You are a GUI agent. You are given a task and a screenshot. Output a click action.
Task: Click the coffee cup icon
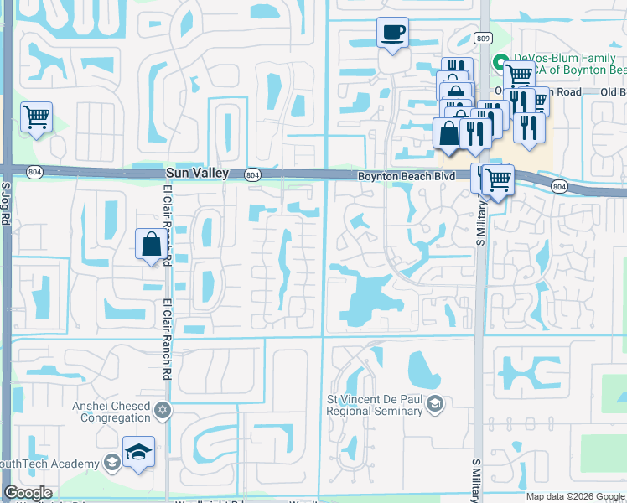point(392,33)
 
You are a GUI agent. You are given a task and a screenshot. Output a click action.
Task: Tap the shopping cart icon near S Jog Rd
point(36,117)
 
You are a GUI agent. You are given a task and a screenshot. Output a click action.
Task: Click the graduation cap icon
point(138,453)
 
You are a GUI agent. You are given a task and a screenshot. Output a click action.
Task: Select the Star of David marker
point(163,411)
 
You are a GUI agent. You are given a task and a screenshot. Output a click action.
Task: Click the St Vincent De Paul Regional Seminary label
point(374,406)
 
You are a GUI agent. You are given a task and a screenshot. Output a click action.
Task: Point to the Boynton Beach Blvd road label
point(406,176)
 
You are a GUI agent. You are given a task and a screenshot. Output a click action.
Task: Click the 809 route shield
point(483,38)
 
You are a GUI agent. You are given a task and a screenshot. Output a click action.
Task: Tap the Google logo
point(28,493)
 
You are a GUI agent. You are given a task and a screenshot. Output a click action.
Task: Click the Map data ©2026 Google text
point(574,496)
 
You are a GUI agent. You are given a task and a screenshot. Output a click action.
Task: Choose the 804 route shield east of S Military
point(558,186)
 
